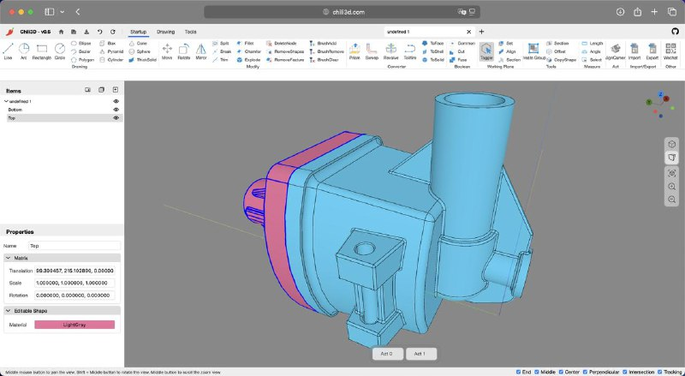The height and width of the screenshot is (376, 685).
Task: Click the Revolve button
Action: tap(390, 51)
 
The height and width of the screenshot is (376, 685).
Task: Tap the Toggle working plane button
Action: tap(486, 51)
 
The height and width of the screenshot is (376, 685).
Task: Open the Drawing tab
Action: tap(165, 32)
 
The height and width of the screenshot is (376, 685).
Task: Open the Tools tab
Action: tap(190, 32)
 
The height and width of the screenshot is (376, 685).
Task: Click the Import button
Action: tap(634, 51)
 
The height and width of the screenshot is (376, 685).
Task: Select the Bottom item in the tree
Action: tap(16, 110)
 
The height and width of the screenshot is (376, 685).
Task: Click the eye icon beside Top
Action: tap(116, 118)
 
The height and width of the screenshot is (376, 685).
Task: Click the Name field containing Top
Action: tap(73, 246)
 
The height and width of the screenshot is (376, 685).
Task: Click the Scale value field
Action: tap(74, 283)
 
